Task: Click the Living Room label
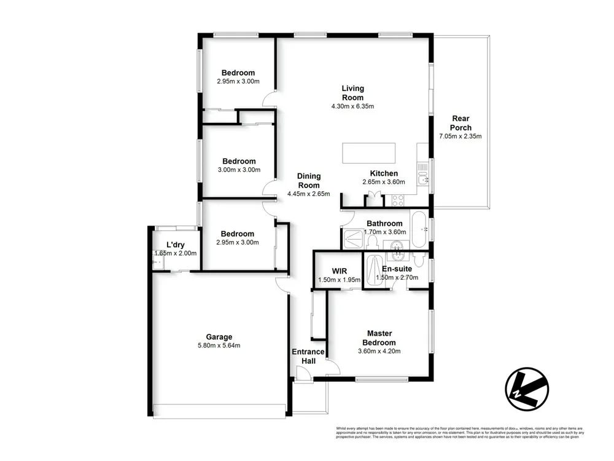click(352, 93)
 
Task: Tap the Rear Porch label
click(461, 123)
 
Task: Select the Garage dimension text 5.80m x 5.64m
click(219, 345)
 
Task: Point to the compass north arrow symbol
click(526, 389)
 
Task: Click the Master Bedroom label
click(378, 338)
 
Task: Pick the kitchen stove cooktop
click(397, 199)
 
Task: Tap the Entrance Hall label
click(308, 356)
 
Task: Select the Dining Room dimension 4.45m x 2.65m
click(308, 194)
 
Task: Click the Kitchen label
click(384, 173)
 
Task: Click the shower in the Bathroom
click(353, 237)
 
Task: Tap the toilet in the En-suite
click(419, 260)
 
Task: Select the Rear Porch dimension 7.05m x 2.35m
click(460, 136)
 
